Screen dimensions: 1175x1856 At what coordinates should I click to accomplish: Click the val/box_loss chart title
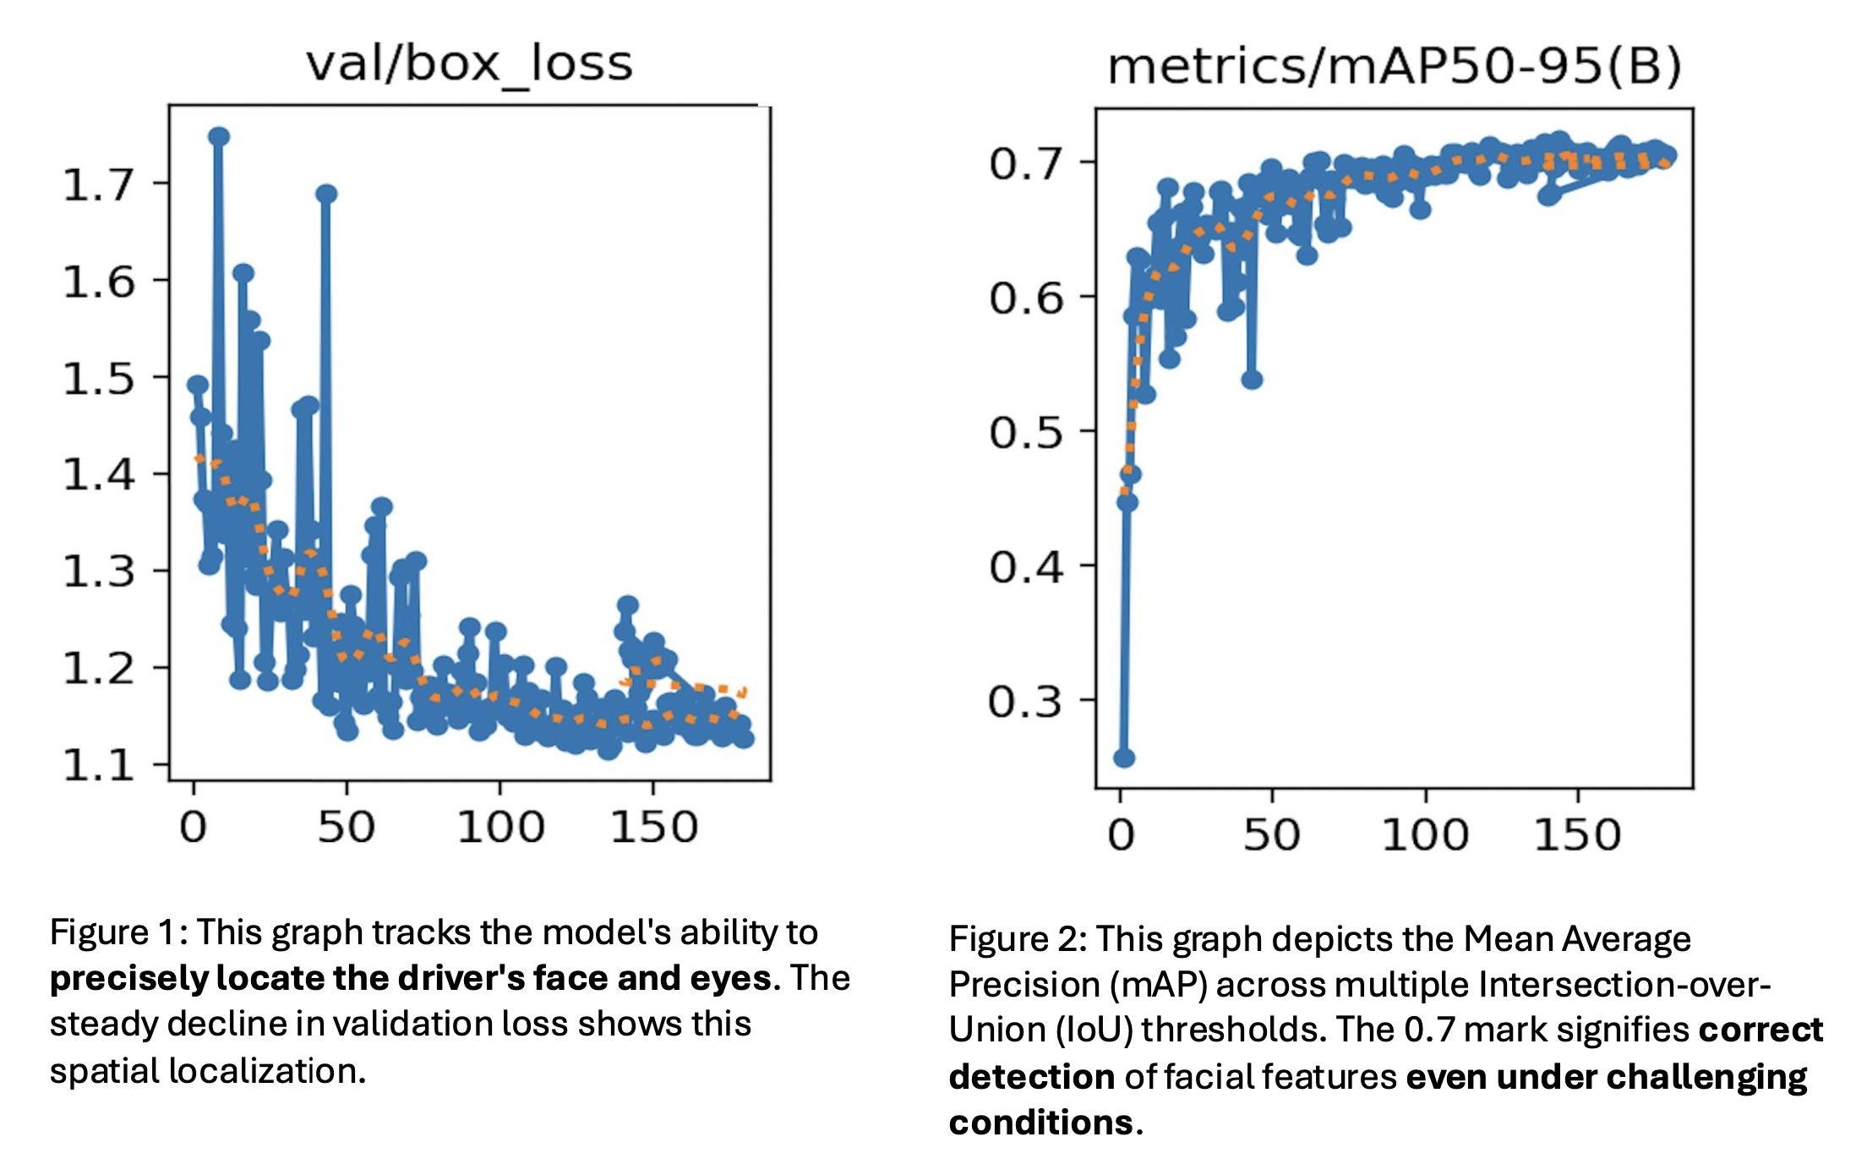point(469,64)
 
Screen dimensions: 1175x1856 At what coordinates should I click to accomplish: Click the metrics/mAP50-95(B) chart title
point(1394,67)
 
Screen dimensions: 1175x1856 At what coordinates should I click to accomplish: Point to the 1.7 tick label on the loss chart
point(99,184)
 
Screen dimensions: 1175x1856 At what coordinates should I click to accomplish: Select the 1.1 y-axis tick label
point(99,765)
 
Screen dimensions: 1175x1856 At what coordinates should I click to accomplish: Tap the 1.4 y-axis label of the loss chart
point(99,474)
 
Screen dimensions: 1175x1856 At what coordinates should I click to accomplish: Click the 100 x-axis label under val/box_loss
point(500,827)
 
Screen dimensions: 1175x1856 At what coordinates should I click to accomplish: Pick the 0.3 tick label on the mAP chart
point(1025,702)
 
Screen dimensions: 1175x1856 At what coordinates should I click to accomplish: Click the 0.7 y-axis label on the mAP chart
point(1025,163)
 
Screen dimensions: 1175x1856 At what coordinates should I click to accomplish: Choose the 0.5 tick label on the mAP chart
point(1025,433)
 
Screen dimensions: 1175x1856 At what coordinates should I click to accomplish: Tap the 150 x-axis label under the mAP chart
point(1577,835)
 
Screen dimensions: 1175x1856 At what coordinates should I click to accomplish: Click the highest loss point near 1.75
point(219,137)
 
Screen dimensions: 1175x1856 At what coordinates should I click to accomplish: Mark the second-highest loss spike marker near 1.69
point(326,194)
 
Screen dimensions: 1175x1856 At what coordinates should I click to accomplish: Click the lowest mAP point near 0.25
point(1124,758)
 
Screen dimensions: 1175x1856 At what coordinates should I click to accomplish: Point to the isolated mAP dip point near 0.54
point(1252,380)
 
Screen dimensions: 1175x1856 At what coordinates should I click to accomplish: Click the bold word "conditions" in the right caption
point(1040,1123)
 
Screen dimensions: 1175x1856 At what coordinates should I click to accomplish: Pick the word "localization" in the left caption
point(266,1071)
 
